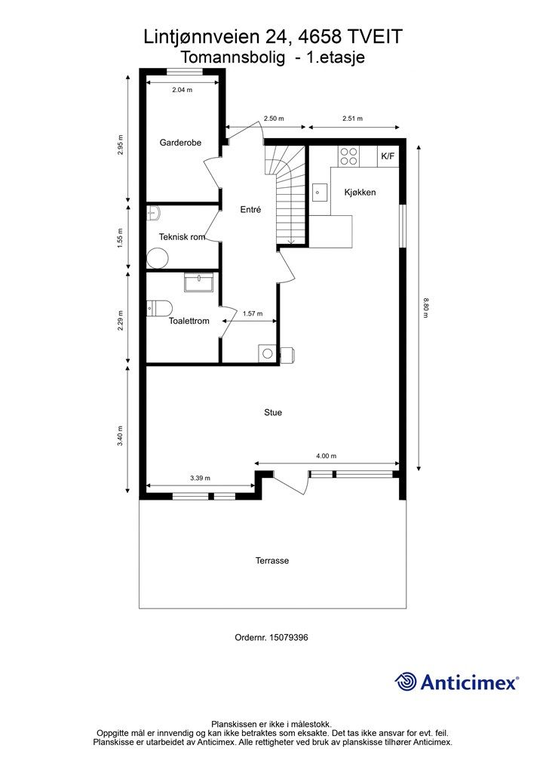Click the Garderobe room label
180,143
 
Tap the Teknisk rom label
182,237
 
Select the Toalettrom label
189,321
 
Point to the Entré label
250,210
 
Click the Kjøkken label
360,192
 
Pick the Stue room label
273,413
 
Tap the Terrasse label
272,561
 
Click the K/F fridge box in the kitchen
388,156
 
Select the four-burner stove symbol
348,156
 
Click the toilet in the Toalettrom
159,307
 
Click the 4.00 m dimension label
327,456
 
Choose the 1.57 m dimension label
253,313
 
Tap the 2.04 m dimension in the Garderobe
182,90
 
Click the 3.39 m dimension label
200,478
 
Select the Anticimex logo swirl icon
406,682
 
